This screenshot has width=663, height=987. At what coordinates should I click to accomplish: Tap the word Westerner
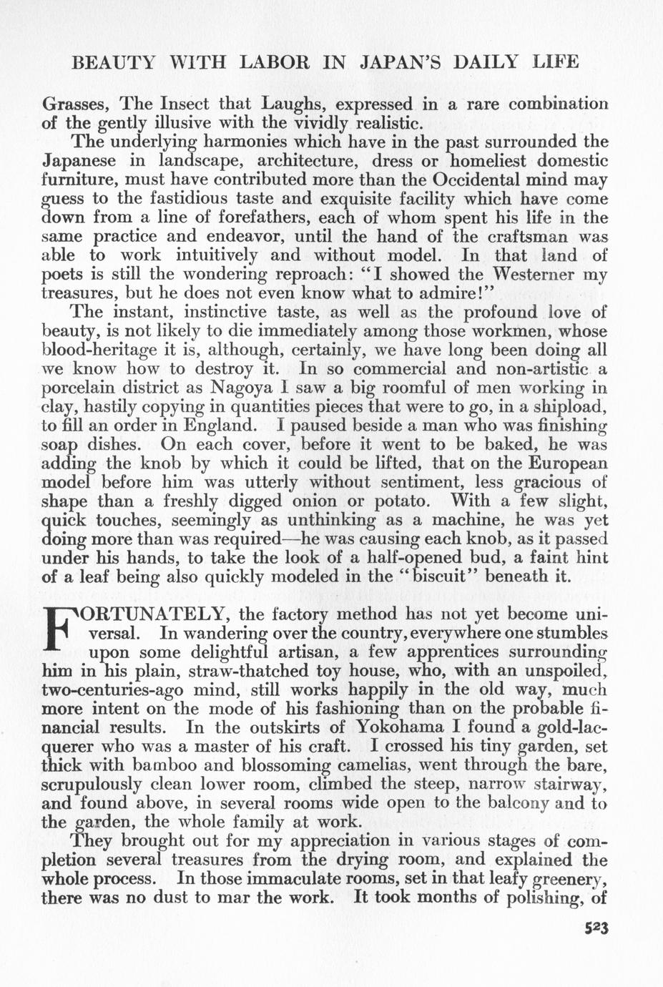(533, 275)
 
